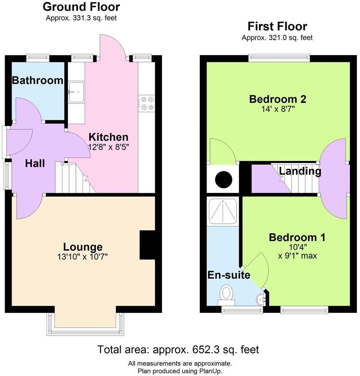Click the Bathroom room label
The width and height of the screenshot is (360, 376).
click(37, 80)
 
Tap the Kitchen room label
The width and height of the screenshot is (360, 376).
click(108, 137)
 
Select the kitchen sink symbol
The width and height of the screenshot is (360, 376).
click(76, 92)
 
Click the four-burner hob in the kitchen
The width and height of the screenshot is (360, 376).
click(146, 103)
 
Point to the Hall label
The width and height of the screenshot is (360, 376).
click(35, 163)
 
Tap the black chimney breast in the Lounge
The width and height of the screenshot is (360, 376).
click(147, 245)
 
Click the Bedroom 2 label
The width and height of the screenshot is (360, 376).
click(277, 99)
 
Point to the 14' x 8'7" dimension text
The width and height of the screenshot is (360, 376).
click(277, 110)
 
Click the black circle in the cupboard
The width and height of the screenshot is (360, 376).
click(223, 179)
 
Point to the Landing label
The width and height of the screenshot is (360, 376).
click(300, 171)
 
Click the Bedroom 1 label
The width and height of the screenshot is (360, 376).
click(297, 238)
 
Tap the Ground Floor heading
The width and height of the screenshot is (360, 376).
click(81, 7)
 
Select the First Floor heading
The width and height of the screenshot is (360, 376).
click(277, 27)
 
